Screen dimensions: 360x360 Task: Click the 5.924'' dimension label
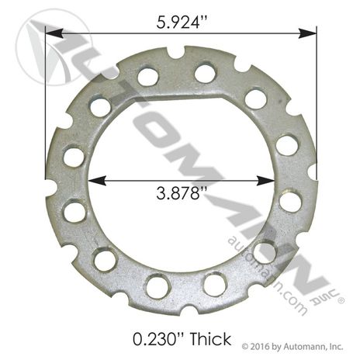[x=182, y=22]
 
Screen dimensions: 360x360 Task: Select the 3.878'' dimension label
[x=182, y=193]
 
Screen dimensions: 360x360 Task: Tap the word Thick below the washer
[x=210, y=339]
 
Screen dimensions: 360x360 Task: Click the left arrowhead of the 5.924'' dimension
[x=54, y=33]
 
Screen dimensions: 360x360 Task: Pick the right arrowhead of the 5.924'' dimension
[x=307, y=33]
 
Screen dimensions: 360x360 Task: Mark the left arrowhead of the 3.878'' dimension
[x=97, y=181]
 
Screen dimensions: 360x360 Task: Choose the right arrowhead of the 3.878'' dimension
[x=265, y=181]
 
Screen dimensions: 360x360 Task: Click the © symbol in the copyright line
[x=245, y=346]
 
